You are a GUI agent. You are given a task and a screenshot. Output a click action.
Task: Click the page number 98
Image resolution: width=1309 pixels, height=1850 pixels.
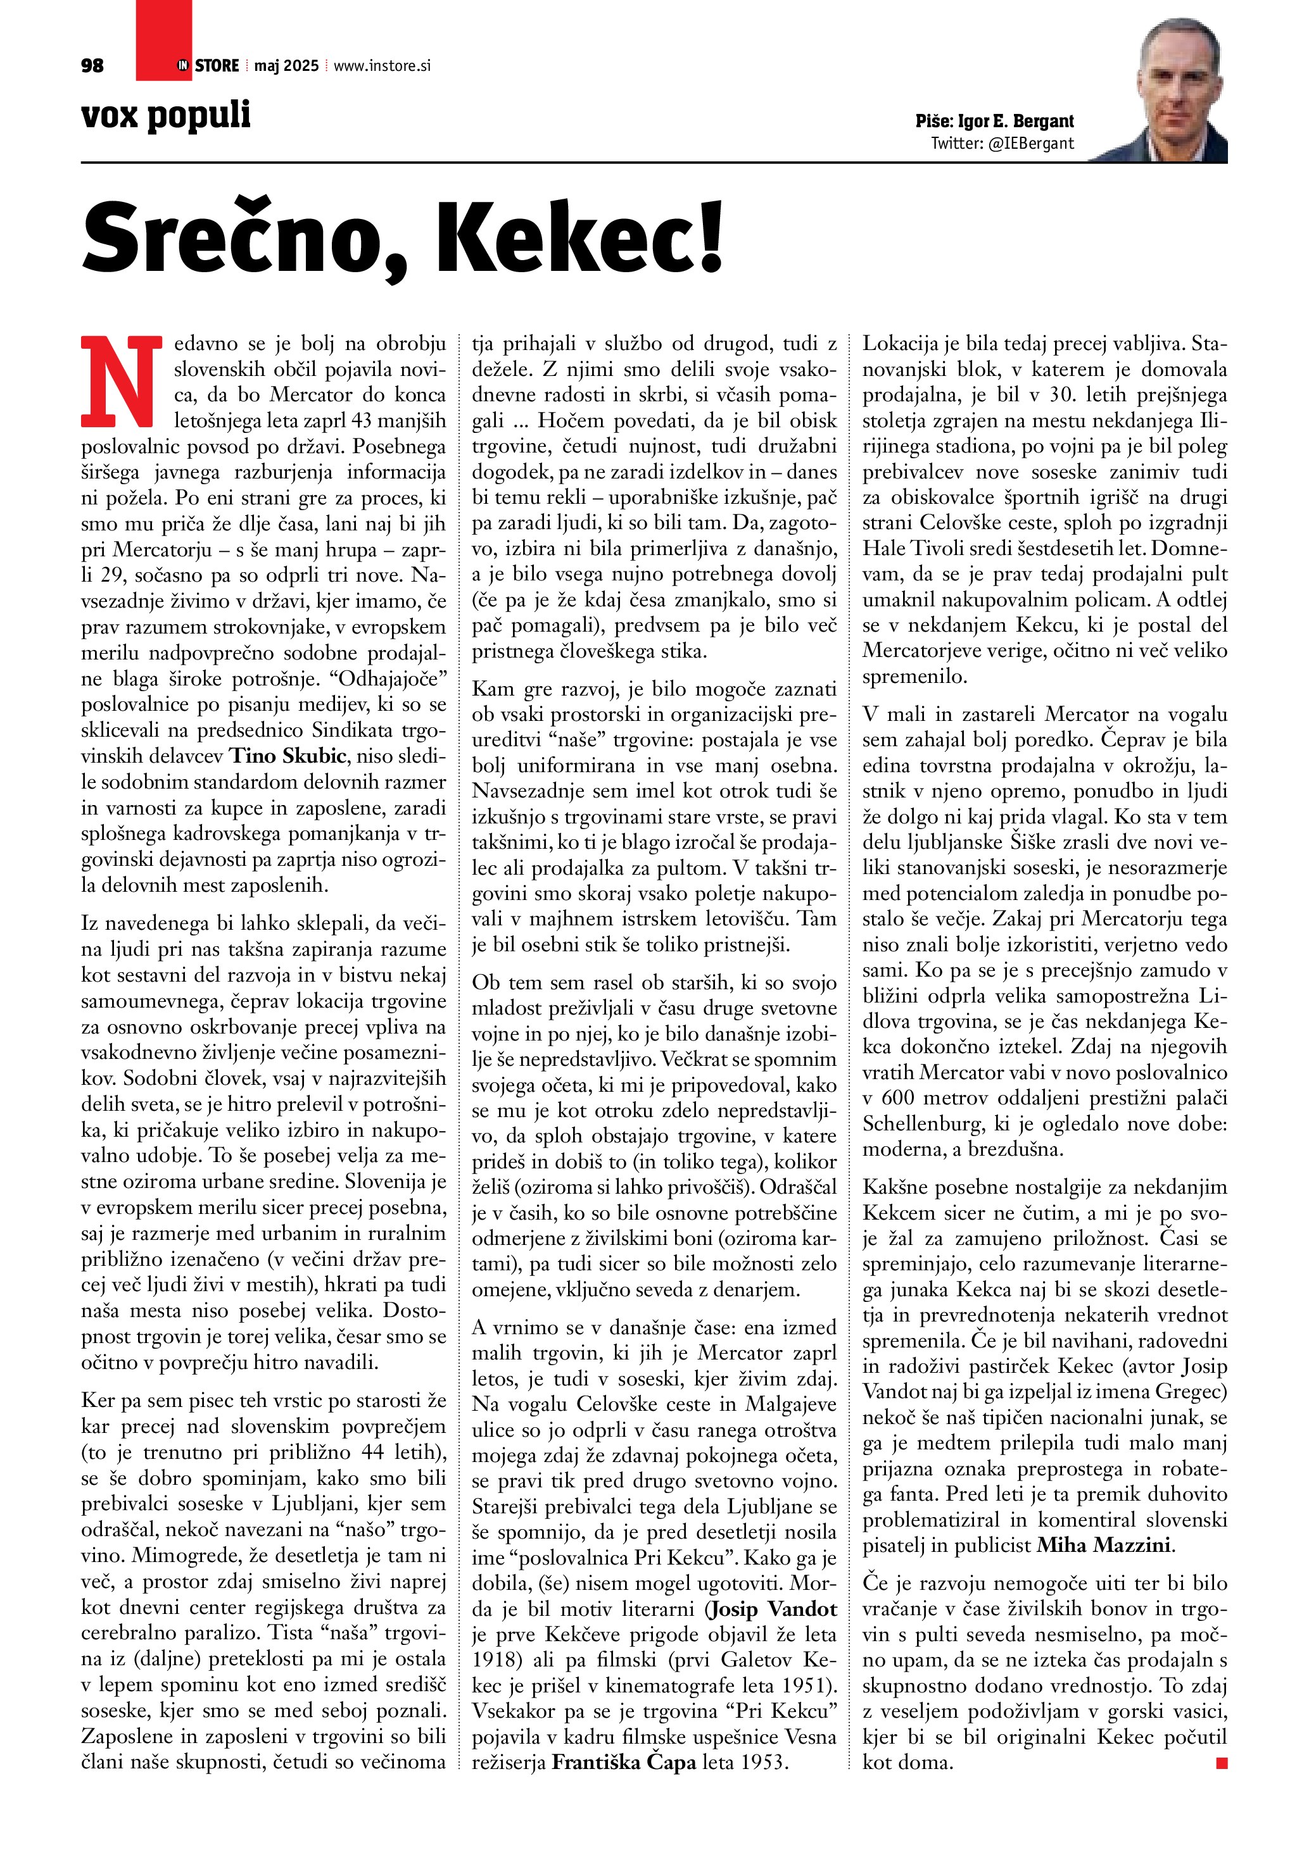92,66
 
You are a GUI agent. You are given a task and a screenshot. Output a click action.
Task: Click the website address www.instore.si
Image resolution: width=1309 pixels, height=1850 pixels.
381,66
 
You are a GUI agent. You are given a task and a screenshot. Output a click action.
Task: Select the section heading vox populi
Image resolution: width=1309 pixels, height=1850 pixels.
166,116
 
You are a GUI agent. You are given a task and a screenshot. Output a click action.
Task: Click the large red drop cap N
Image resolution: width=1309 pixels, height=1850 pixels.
118,380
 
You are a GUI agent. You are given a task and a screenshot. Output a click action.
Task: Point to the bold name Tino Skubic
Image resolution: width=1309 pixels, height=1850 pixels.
289,756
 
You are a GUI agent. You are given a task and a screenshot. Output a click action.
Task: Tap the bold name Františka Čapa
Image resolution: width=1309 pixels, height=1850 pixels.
623,1762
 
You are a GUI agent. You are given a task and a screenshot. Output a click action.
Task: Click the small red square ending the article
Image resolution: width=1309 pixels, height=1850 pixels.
1221,1764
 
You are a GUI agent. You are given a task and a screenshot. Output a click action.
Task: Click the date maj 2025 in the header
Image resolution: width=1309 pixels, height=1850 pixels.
286,66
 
